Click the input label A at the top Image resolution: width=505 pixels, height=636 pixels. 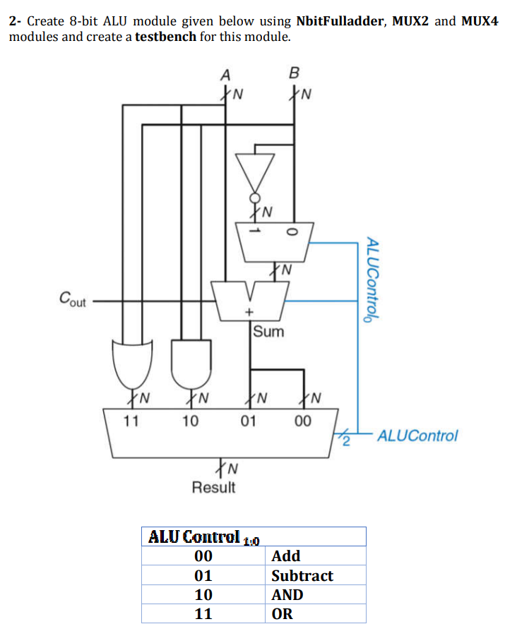(x=225, y=74)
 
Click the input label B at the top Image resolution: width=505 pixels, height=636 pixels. (x=294, y=73)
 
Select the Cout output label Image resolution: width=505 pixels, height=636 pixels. (x=72, y=301)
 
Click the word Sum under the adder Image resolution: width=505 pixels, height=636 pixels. (x=268, y=331)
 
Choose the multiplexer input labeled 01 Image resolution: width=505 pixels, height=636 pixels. (x=248, y=421)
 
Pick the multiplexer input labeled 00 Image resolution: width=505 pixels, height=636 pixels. (x=302, y=421)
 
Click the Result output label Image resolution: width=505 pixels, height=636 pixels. (x=213, y=487)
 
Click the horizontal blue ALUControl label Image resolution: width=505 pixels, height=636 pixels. (x=417, y=436)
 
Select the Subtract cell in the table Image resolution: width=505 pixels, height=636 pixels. (x=302, y=575)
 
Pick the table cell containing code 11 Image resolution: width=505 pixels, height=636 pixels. (x=203, y=613)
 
